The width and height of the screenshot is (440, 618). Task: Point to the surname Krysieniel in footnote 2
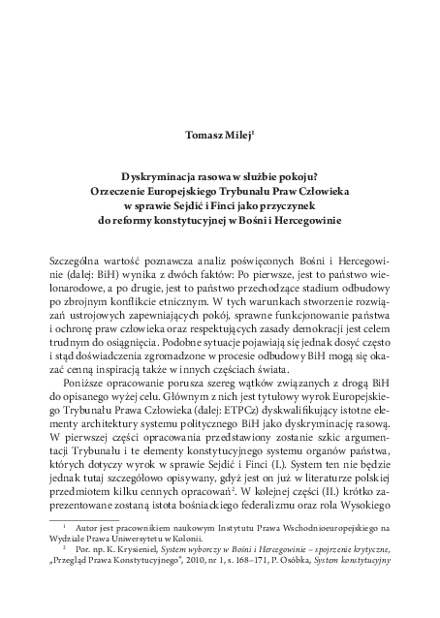pyautogui.click(x=144, y=576)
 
